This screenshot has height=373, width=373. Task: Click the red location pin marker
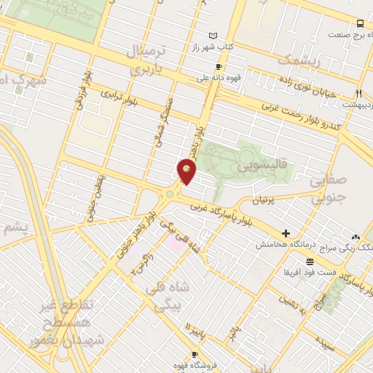coord(187,172)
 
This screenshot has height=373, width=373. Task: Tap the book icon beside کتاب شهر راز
coord(213,36)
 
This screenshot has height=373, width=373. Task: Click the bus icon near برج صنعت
coord(360,23)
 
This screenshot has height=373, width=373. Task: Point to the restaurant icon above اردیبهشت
coord(358,93)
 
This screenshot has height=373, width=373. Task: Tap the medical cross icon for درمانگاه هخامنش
coord(286,234)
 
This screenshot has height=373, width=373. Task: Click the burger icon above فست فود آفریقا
coord(310,261)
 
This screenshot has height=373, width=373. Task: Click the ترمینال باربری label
coord(149,60)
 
